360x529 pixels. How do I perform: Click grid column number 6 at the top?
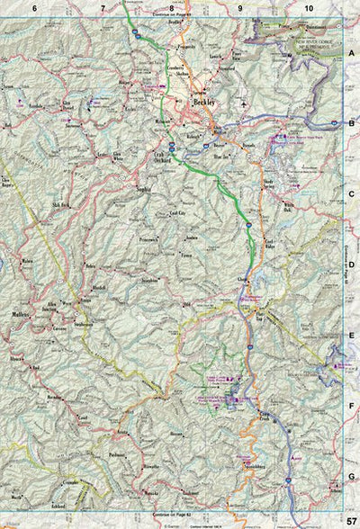(35, 8)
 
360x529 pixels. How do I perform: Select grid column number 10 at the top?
(309, 8)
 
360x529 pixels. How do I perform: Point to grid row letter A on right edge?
(352, 54)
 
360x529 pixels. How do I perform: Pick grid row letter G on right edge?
(352, 477)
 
